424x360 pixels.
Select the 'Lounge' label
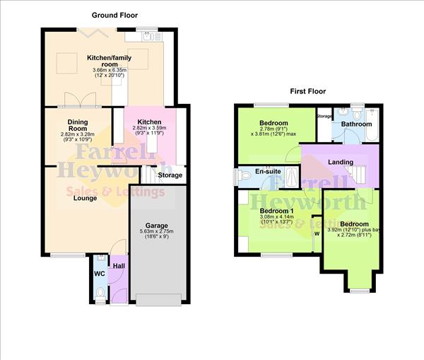click(86, 198)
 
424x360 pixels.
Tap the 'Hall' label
click(119, 265)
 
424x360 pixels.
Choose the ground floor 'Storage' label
click(170, 175)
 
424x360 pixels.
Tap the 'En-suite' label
click(267, 171)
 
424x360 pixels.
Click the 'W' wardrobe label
click(317, 234)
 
